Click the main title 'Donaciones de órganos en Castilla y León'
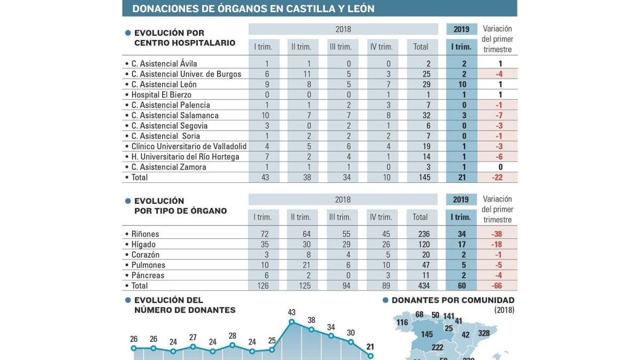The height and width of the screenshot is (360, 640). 253,9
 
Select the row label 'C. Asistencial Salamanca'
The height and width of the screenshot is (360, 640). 175,115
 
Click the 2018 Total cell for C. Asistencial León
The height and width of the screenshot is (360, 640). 420,84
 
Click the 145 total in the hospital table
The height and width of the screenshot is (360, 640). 420,177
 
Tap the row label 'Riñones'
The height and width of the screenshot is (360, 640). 145,234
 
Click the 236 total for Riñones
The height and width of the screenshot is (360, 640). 420,234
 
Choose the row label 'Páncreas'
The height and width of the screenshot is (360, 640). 148,275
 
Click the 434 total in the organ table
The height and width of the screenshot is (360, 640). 420,286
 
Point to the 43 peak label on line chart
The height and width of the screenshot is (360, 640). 292,312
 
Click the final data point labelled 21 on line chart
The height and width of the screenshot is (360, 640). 371,356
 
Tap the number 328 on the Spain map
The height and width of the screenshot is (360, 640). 484,334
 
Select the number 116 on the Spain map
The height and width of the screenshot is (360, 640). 402,323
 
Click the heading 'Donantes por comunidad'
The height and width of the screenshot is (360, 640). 453,300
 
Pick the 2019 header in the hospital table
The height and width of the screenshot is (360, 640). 461,29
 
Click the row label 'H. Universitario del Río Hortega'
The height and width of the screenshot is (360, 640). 185,157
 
